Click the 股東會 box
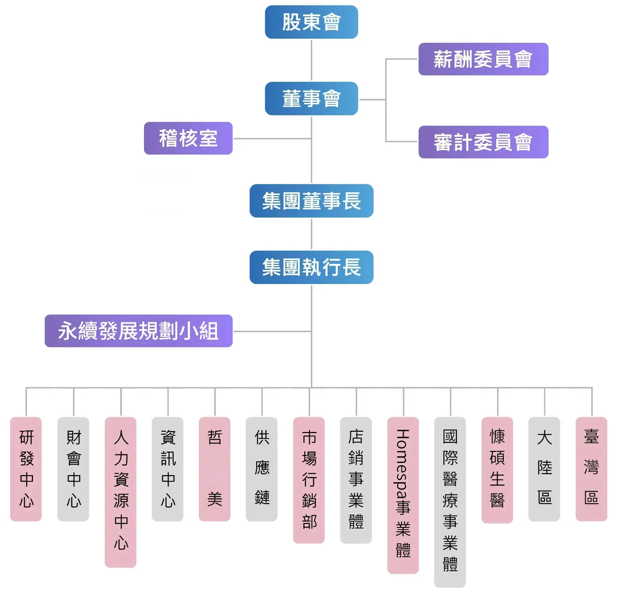(x=311, y=22)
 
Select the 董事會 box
(x=311, y=99)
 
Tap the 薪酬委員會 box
(x=483, y=59)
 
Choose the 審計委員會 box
(x=483, y=142)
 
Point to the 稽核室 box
(x=188, y=138)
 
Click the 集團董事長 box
(x=311, y=201)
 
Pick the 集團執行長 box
(x=311, y=268)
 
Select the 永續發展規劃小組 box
(x=139, y=331)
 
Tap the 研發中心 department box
(x=26, y=469)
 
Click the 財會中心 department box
(x=73, y=469)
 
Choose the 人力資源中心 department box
(x=120, y=492)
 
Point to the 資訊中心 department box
(x=168, y=469)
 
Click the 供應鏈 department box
(x=262, y=469)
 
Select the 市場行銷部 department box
(x=309, y=480)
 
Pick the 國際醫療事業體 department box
(x=450, y=502)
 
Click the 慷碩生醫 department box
(x=497, y=470)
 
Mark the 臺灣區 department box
(x=591, y=469)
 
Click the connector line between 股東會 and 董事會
(x=312, y=60)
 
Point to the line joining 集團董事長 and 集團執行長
(x=312, y=234)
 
